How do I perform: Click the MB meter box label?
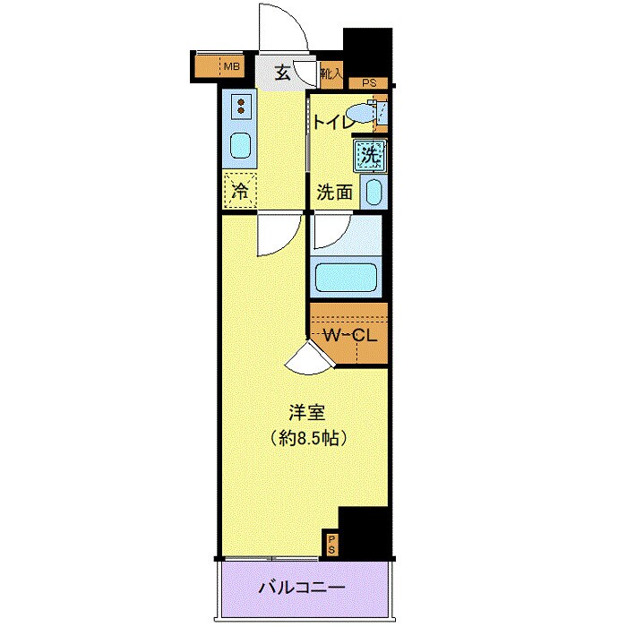pos(231,66)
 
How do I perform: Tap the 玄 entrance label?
pos(282,73)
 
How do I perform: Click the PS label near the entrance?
pos(368,84)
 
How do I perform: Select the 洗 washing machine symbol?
pos(370,155)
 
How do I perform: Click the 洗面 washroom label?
pos(333,191)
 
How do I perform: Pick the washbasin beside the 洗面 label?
pos(375,191)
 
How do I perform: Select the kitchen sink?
pos(240,144)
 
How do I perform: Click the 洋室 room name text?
pos(305,414)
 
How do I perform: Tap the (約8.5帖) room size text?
pos(307,439)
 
